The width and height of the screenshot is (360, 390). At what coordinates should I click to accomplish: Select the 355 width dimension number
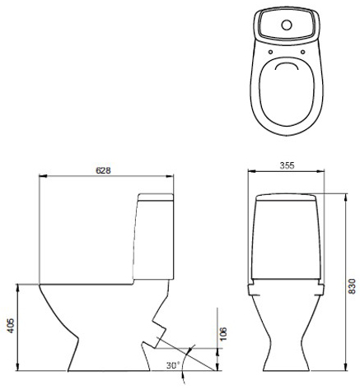click(288, 165)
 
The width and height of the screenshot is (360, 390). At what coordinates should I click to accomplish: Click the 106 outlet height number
click(222, 332)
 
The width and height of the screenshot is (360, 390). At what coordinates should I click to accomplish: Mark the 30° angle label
click(171, 364)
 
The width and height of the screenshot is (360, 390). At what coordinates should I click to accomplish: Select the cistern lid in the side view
click(156, 198)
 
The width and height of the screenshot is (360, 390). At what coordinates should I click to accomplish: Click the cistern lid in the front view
click(288, 198)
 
